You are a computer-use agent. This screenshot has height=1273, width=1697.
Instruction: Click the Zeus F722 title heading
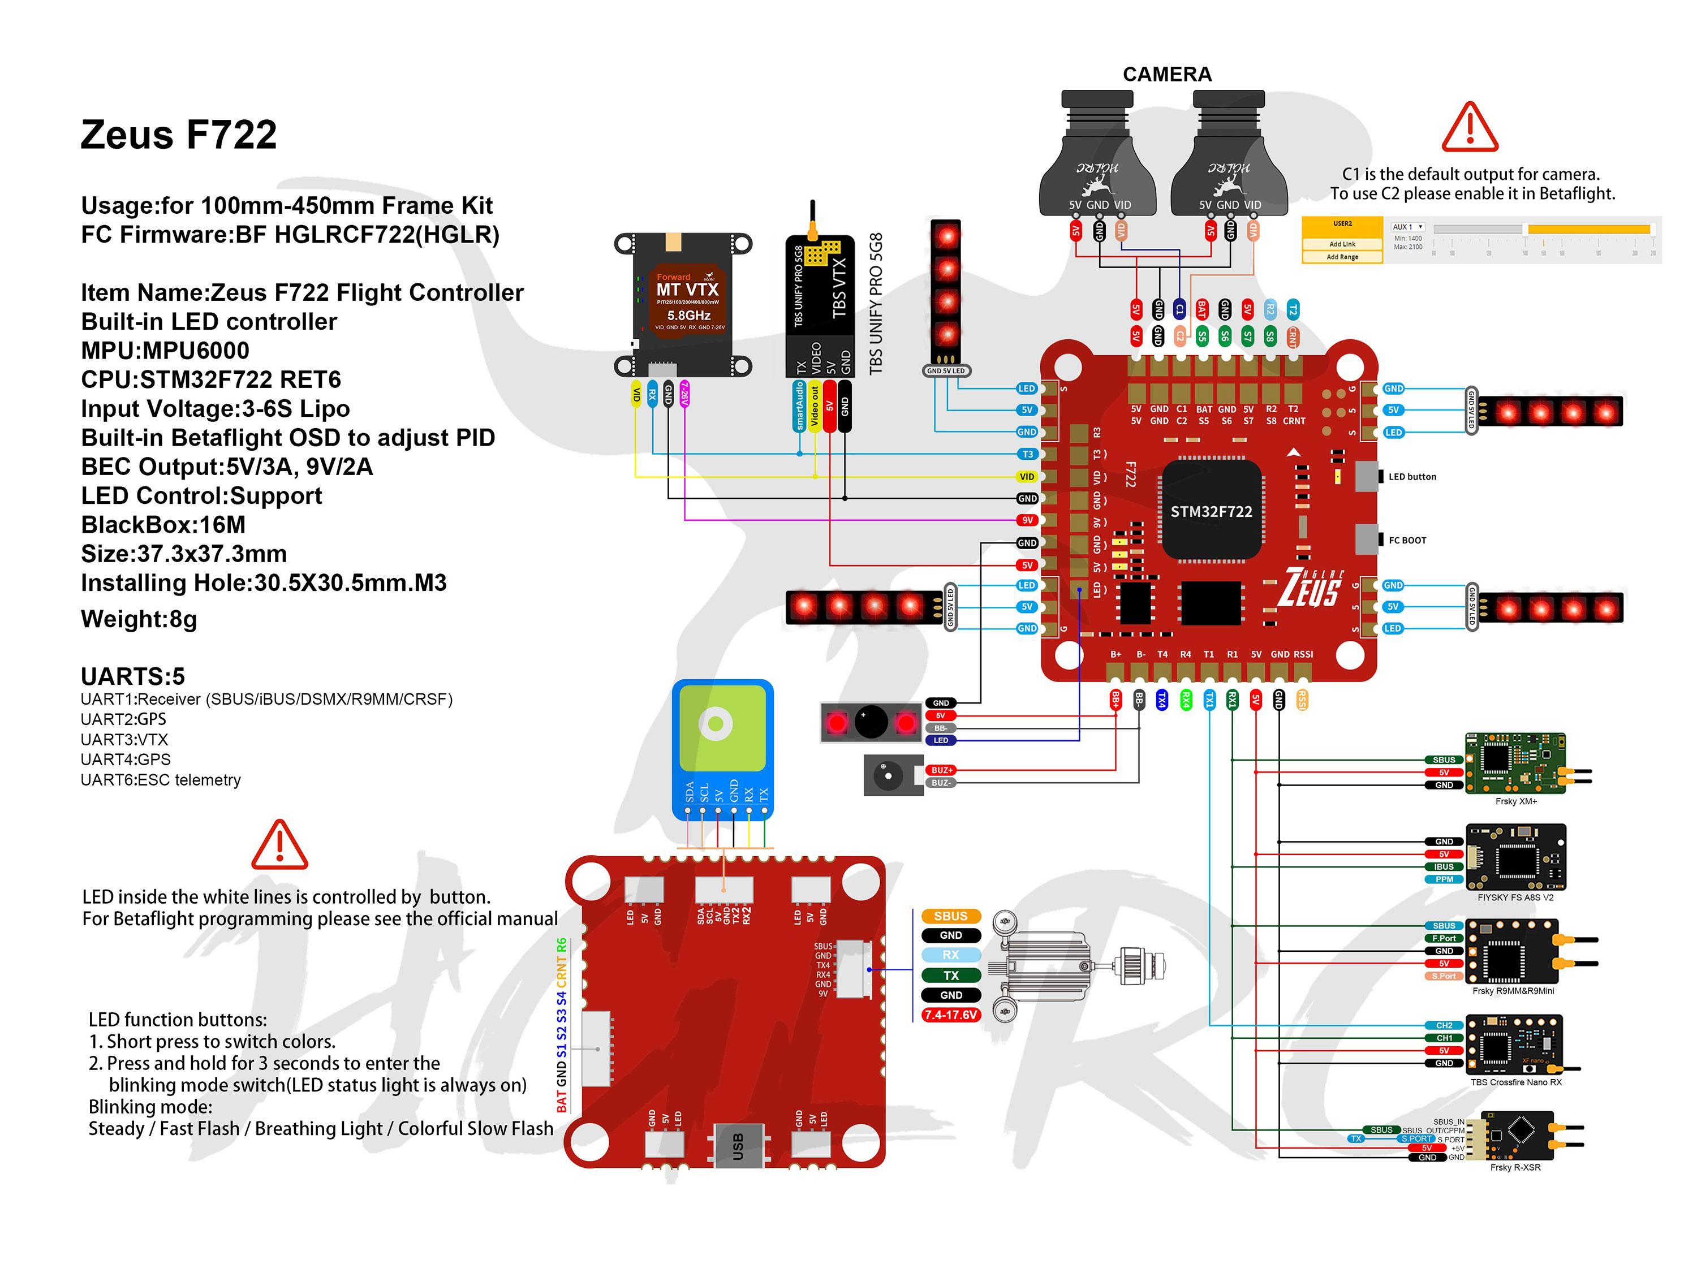(178, 135)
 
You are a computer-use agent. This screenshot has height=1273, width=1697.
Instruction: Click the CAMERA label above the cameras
(1167, 75)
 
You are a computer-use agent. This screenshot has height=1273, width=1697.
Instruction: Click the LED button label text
(1411, 476)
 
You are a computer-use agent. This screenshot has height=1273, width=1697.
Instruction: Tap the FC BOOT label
(1407, 540)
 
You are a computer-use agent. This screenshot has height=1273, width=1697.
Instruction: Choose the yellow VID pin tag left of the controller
(1027, 476)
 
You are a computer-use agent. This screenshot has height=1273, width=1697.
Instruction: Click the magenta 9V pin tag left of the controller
(1027, 520)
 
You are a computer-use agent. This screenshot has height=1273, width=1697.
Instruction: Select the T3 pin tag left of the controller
(1027, 454)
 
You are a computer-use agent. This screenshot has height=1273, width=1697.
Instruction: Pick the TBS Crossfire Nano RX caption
(1515, 1082)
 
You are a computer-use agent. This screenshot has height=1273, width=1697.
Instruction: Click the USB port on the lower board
(738, 1146)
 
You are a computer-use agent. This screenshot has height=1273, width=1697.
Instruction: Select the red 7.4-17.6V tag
(950, 1015)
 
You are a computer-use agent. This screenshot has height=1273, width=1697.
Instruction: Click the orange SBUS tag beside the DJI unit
(950, 916)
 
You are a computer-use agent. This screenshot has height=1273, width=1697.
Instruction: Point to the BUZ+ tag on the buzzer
(941, 770)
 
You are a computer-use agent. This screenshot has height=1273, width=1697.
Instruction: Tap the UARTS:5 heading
(133, 676)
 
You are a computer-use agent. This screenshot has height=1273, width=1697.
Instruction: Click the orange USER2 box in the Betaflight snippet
(1342, 225)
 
